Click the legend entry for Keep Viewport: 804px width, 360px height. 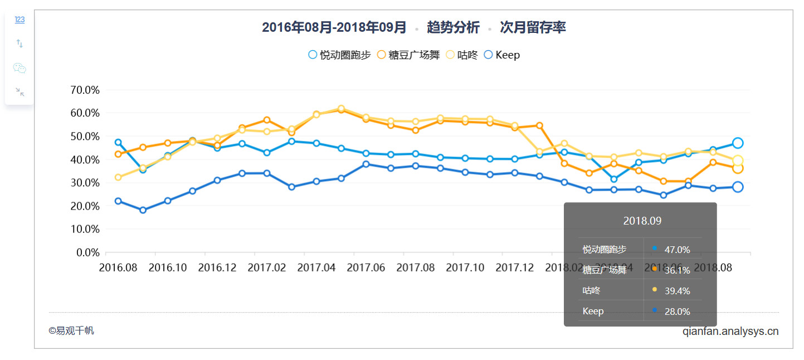click(x=501, y=55)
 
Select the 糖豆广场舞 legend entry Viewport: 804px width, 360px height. click(x=408, y=55)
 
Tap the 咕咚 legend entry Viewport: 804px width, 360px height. click(x=462, y=55)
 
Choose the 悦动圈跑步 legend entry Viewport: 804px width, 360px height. click(x=339, y=55)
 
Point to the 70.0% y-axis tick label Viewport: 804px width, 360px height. click(x=85, y=90)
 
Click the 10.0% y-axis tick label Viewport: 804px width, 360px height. click(x=85, y=229)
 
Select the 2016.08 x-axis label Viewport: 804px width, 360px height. click(x=118, y=267)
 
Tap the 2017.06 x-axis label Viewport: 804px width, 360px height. click(x=366, y=267)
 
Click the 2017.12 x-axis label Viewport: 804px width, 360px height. click(x=514, y=267)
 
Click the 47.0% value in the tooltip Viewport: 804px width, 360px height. click(x=677, y=250)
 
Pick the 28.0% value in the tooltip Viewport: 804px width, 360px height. click(x=677, y=312)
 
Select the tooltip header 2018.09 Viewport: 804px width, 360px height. click(x=642, y=221)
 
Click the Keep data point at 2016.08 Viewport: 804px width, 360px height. click(x=118, y=201)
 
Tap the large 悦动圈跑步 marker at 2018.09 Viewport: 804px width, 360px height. click(x=738, y=143)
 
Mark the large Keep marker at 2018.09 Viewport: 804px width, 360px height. click(x=738, y=187)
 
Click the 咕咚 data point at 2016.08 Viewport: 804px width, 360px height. click(x=118, y=177)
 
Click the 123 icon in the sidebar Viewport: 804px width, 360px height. click(x=20, y=20)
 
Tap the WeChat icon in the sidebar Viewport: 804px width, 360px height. click(x=20, y=68)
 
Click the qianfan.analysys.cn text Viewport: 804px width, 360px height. click(x=730, y=332)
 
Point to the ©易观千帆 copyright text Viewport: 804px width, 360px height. click(x=71, y=330)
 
